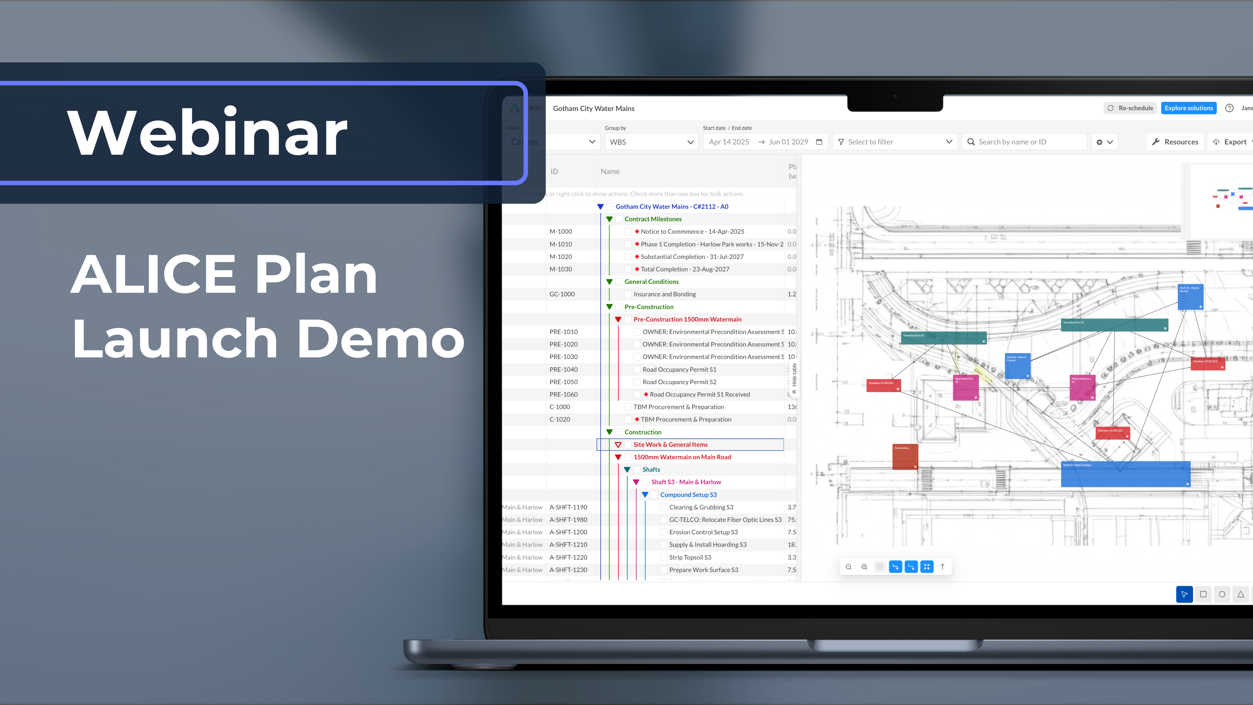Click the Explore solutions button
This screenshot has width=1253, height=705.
click(1188, 108)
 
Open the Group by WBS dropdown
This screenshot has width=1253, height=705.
click(651, 142)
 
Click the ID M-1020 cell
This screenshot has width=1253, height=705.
click(561, 257)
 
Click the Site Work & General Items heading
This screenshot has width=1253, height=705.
click(670, 445)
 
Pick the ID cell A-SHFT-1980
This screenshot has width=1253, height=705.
click(568, 520)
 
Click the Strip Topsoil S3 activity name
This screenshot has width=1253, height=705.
click(690, 557)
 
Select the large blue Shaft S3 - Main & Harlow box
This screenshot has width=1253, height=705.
click(1125, 474)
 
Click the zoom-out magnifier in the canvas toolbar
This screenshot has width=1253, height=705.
click(849, 567)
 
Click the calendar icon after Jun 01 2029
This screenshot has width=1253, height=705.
click(819, 142)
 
